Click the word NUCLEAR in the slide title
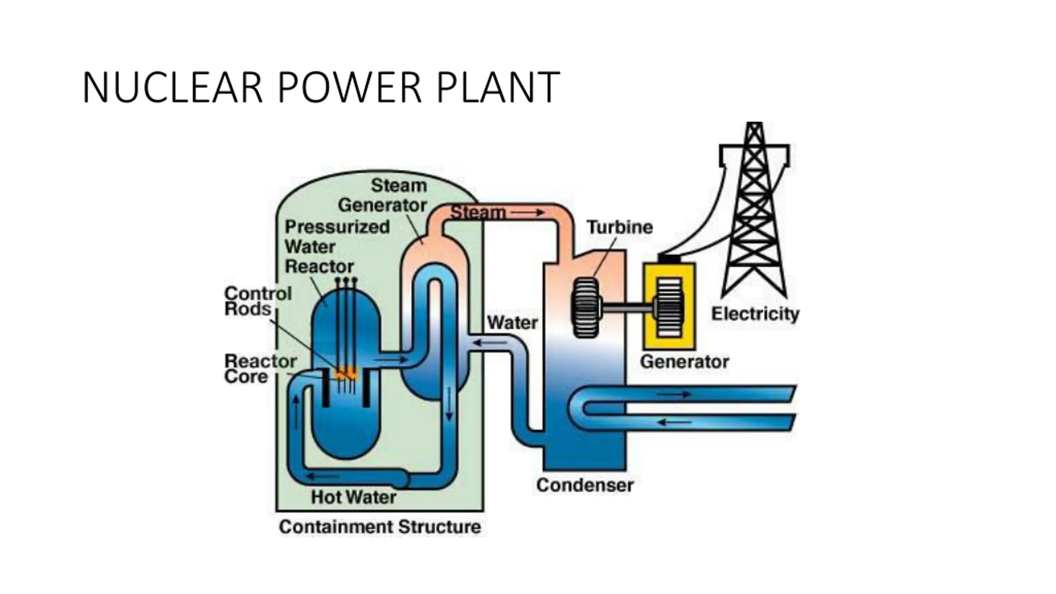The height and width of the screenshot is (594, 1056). [x=172, y=87]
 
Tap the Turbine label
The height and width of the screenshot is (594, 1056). [x=620, y=227]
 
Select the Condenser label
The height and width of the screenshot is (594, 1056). [x=585, y=485]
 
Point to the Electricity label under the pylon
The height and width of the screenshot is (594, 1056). [x=755, y=314]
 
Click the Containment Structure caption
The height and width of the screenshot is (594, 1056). [x=380, y=527]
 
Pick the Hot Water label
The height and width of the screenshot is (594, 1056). [x=354, y=497]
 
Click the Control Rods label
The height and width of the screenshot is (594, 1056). [x=258, y=301]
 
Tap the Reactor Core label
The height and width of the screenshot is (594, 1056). [x=260, y=369]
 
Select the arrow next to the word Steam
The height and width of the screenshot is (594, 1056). [x=528, y=212]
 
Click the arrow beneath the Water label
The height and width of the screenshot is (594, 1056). [x=490, y=342]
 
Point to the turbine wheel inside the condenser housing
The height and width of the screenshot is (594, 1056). [x=586, y=308]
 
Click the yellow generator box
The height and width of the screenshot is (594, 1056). [x=669, y=306]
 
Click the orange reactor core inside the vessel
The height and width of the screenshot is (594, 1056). [x=346, y=373]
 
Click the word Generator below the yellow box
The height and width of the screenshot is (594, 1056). [x=684, y=362]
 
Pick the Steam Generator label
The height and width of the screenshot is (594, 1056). [x=382, y=196]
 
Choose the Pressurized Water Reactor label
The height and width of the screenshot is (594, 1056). [x=337, y=247]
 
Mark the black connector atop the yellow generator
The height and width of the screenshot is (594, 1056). [x=669, y=259]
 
